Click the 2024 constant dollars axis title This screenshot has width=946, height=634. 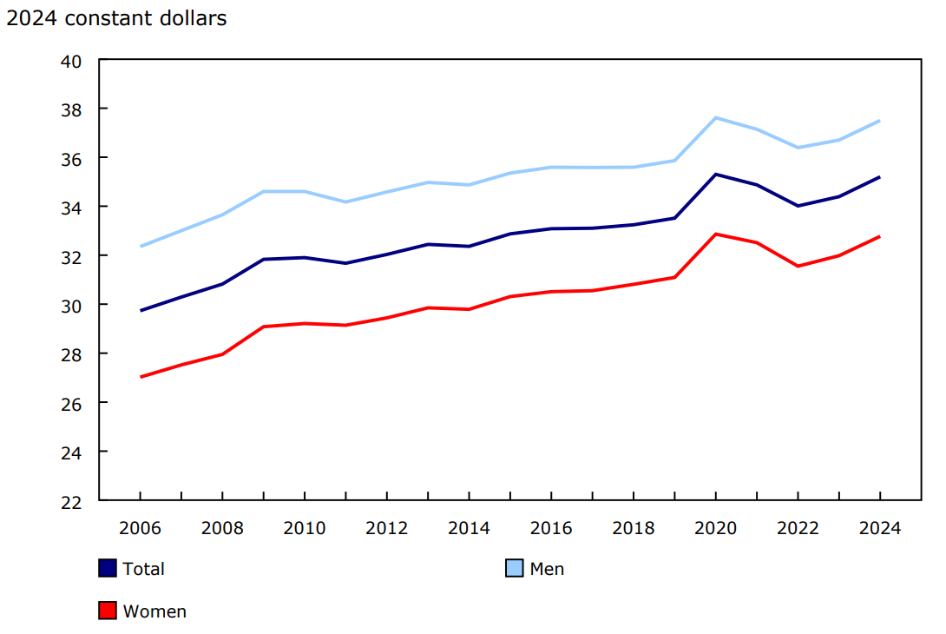pos(116,18)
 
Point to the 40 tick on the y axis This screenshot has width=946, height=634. pos(71,61)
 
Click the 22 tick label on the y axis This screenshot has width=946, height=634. pos(71,501)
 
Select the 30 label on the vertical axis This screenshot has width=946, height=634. pos(71,305)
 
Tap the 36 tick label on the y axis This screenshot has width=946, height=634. pos(71,158)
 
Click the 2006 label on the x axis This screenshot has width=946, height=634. pos(141,528)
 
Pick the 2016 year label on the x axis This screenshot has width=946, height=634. pos(551,528)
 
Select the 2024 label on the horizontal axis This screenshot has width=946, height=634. pos(879,528)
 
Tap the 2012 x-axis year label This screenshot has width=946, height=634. pos(387,528)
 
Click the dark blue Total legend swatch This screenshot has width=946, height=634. pos(108,569)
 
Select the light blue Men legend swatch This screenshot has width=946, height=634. pos(515,569)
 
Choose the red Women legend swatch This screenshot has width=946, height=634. pos(108,611)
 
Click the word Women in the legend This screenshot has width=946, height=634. pos(154,611)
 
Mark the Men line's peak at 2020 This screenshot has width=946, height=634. pos(715,117)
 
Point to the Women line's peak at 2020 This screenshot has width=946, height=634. pos(715,234)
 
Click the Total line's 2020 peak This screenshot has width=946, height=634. pos(715,174)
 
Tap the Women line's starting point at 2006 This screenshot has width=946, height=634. pos(141,377)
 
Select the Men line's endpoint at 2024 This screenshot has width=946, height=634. pos(879,121)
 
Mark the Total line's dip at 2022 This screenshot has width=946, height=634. pos(798,206)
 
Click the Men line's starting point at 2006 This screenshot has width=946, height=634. pos(141,247)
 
